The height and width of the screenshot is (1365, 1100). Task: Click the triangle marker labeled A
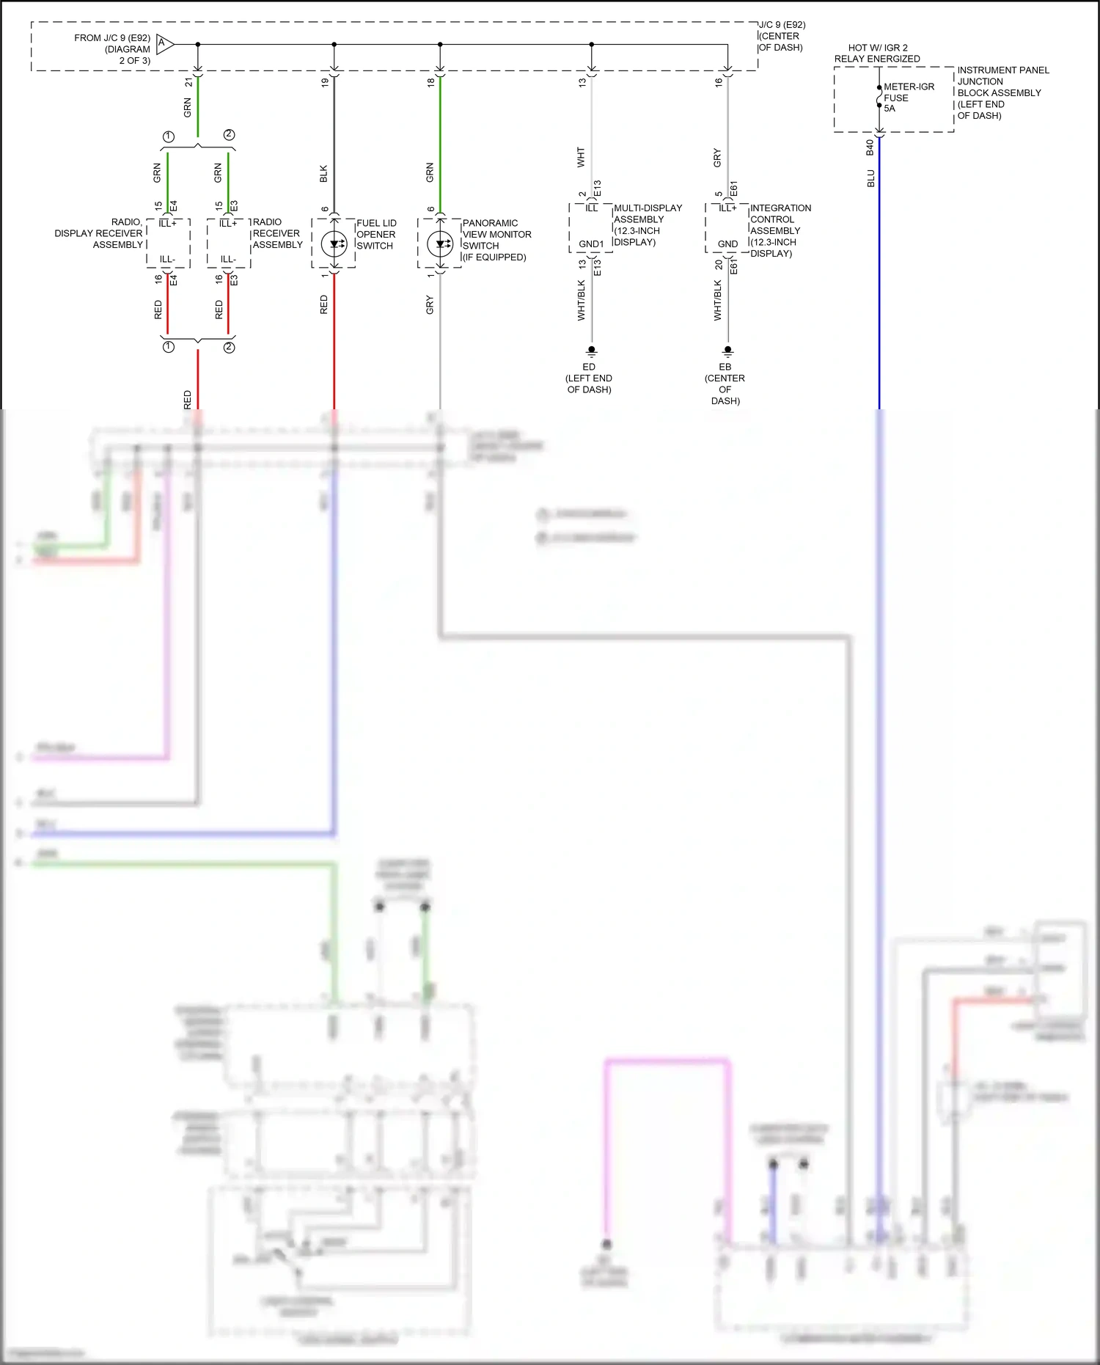tap(164, 45)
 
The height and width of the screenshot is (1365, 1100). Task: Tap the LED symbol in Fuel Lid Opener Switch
tap(334, 244)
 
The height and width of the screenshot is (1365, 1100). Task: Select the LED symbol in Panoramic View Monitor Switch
tap(440, 244)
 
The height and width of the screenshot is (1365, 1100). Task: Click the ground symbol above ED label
tap(591, 351)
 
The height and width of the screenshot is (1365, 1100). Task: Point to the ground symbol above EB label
tap(727, 351)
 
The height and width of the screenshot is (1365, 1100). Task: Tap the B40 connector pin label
tap(870, 147)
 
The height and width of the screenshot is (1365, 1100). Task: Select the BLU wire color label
tap(870, 178)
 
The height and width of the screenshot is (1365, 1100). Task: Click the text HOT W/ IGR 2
tap(878, 48)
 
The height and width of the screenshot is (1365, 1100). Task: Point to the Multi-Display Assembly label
tap(647, 224)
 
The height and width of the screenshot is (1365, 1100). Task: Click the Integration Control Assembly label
tap(780, 230)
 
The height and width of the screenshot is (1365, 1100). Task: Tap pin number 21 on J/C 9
tap(188, 83)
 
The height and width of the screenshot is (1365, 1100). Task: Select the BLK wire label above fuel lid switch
tap(323, 174)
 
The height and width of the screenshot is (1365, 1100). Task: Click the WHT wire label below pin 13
tap(581, 157)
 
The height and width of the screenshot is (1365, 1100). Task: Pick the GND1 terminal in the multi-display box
tap(591, 244)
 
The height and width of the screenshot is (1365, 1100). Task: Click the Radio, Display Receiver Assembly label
tap(99, 233)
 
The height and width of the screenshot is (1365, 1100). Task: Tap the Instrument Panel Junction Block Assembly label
tap(1002, 92)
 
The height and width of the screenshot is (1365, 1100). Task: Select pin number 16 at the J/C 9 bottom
tap(719, 83)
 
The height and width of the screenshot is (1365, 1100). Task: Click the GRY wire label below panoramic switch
tap(430, 305)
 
